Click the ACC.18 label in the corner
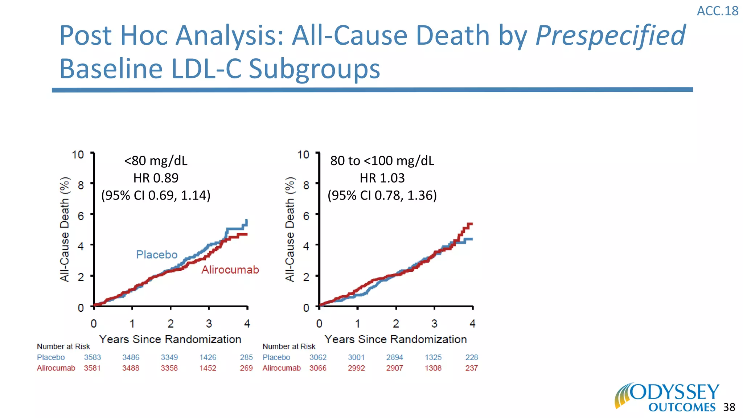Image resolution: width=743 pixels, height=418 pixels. tap(717, 11)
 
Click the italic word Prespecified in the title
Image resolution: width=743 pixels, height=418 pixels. tap(610, 36)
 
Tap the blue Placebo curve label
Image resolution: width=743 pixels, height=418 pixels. tap(157, 254)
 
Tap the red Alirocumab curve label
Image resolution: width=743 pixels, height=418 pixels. tap(230, 270)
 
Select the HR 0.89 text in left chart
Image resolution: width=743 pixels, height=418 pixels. tap(156, 178)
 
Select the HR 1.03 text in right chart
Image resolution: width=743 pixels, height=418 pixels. tap(382, 178)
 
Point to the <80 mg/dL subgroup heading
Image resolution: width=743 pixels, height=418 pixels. tap(156, 160)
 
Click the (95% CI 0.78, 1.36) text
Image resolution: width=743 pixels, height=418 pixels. tap(382, 195)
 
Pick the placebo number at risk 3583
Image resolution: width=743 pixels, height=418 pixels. tap(93, 357)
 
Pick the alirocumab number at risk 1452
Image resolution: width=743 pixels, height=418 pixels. tap(208, 368)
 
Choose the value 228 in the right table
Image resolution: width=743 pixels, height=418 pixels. tap(472, 357)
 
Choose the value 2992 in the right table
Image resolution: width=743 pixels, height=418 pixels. tap(356, 368)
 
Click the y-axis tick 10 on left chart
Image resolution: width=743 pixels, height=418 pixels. tap(78, 155)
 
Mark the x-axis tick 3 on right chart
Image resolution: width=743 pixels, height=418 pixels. tap(434, 323)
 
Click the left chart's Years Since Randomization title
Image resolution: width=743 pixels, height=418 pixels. tap(170, 339)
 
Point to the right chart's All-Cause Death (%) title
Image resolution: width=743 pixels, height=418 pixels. tap(290, 229)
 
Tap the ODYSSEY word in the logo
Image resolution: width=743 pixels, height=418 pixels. tap(674, 393)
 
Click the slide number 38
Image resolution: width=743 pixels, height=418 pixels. tap(729, 407)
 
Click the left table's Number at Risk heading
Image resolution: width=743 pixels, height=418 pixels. tap(63, 347)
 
